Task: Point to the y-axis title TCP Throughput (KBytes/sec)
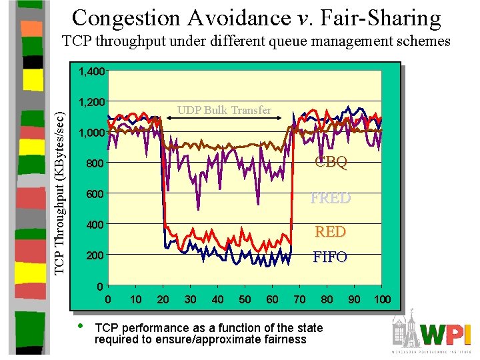[x=59, y=183]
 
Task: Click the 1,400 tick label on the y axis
[x=91, y=71]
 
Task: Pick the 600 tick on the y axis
[x=95, y=194]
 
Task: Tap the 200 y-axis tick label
[x=95, y=255]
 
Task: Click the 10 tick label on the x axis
[x=135, y=299]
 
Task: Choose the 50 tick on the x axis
[x=245, y=299]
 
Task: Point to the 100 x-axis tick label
[x=381, y=299]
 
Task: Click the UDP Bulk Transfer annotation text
[x=224, y=110]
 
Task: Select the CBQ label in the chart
[x=331, y=163]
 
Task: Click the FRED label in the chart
[x=331, y=198]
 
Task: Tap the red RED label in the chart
[x=331, y=231]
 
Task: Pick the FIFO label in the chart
[x=331, y=257]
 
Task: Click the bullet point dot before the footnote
[x=80, y=327]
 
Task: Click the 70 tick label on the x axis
[x=299, y=299]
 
